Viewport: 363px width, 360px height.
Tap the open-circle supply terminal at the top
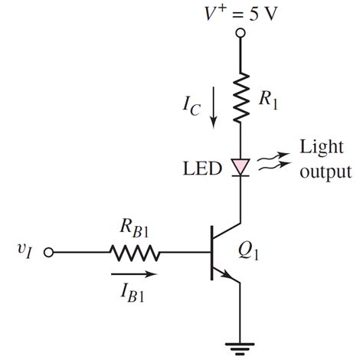click(x=240, y=33)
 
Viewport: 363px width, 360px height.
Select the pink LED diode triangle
click(x=240, y=164)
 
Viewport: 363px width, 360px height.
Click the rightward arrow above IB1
click(x=133, y=271)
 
